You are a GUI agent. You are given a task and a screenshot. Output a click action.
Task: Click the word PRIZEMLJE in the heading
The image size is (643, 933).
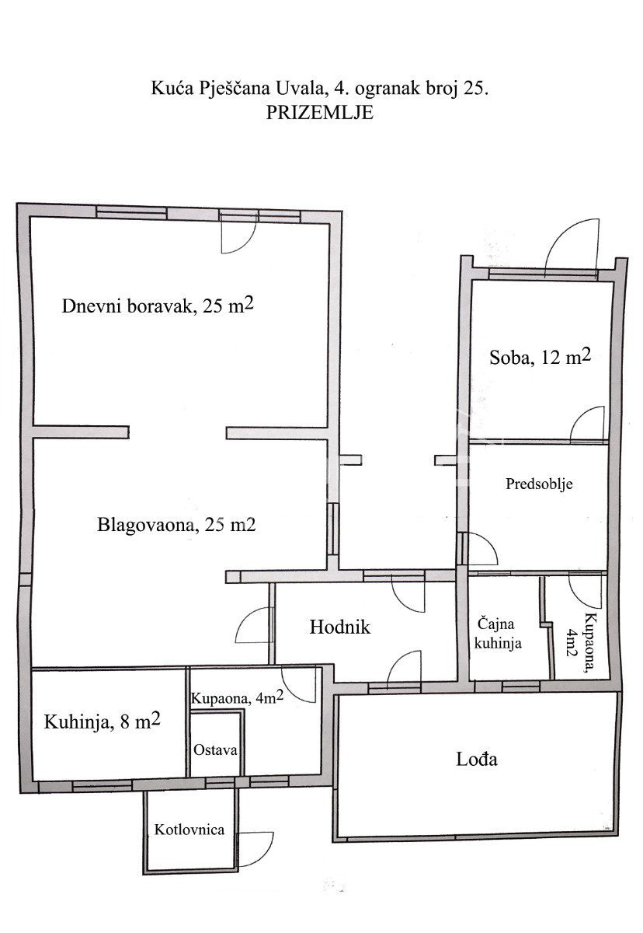(319, 113)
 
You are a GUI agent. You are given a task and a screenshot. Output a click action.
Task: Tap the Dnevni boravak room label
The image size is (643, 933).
(158, 306)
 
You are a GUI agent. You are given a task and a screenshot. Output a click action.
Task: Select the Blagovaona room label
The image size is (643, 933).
(176, 525)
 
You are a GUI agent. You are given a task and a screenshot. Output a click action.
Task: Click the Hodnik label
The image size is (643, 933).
(340, 627)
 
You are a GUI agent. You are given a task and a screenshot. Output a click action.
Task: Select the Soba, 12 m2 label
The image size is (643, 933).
(540, 357)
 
